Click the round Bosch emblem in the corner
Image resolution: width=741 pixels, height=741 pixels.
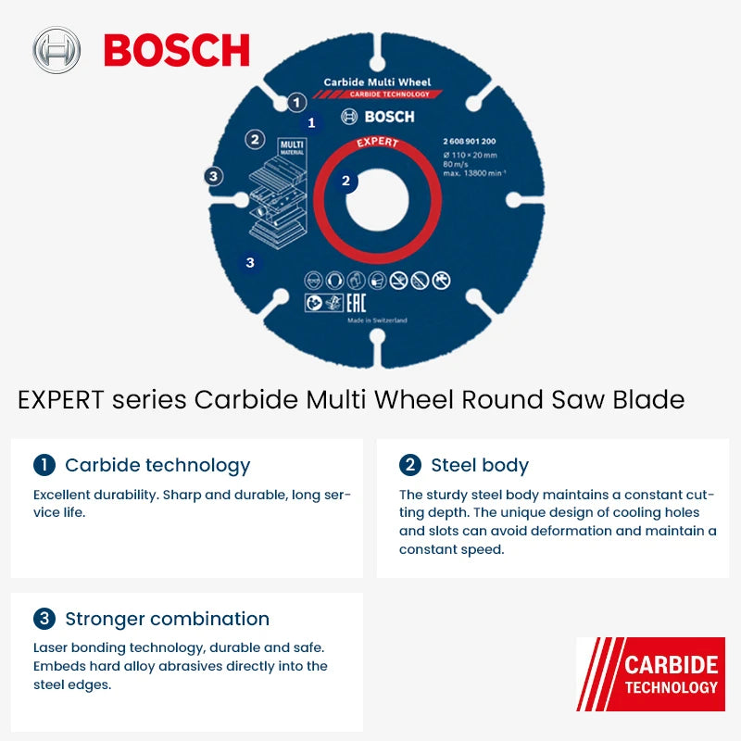pyautogui.click(x=56, y=50)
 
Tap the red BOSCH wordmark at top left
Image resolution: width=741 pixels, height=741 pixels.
pyautogui.click(x=176, y=50)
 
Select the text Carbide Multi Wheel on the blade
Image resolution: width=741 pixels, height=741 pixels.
pyautogui.click(x=377, y=82)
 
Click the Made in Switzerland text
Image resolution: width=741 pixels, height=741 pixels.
pyautogui.click(x=377, y=320)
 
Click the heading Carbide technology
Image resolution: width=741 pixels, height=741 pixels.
pyautogui.click(x=157, y=465)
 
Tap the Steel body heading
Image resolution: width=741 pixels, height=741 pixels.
pyautogui.click(x=479, y=465)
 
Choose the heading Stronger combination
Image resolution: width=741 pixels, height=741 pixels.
pyautogui.click(x=167, y=619)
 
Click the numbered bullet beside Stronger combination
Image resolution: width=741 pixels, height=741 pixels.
pyautogui.click(x=44, y=619)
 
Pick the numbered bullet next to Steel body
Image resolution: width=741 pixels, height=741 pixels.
pyautogui.click(x=409, y=465)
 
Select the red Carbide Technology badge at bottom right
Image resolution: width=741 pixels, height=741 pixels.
pyautogui.click(x=650, y=674)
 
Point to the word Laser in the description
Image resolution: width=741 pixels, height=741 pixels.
pyautogui.click(x=53, y=647)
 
